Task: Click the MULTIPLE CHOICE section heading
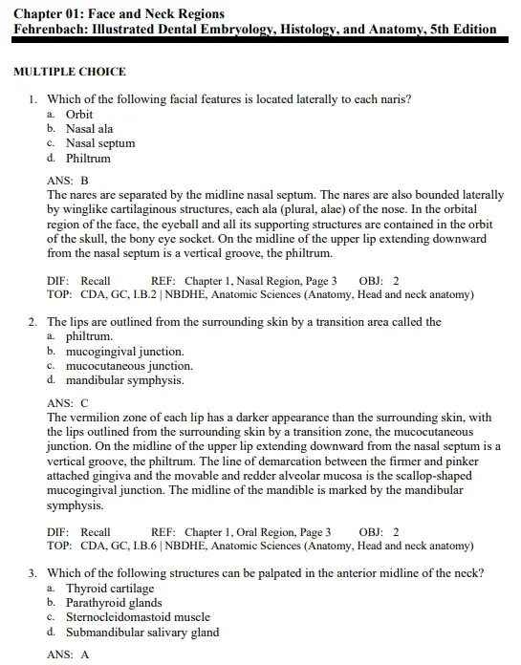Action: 69,72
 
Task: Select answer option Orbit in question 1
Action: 79,115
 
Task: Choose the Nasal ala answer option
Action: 89,129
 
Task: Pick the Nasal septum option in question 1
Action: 99,143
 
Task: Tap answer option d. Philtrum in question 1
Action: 88,159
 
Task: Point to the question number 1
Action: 33,99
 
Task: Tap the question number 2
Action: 33,322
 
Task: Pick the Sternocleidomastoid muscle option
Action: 138,617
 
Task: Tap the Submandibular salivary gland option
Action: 142,633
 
